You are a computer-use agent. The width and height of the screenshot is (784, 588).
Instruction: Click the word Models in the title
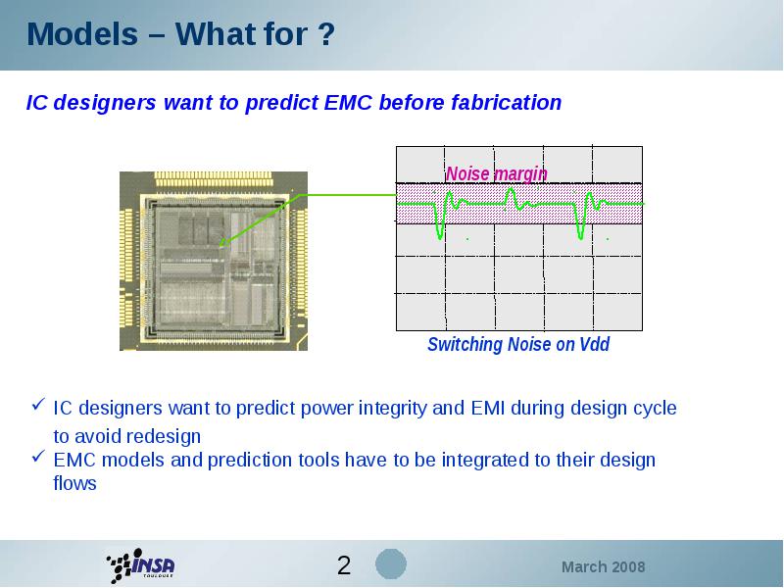tap(82, 34)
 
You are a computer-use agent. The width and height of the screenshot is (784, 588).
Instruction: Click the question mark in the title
tap(325, 34)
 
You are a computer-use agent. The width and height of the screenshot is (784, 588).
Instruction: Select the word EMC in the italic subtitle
tap(348, 102)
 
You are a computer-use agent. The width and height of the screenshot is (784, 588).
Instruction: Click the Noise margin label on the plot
tap(496, 173)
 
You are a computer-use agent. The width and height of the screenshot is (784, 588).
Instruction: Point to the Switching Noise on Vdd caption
tap(518, 345)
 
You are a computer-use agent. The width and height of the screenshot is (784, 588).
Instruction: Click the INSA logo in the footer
tap(140, 565)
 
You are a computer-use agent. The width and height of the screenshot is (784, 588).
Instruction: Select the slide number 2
tap(344, 565)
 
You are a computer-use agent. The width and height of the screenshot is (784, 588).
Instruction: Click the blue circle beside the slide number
tap(391, 564)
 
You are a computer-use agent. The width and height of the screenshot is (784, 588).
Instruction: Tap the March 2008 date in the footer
tap(603, 567)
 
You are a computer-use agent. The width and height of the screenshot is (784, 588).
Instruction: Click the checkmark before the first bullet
tap(38, 404)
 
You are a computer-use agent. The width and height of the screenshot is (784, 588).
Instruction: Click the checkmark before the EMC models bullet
tap(38, 456)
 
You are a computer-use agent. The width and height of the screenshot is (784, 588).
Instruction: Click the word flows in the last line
tap(75, 483)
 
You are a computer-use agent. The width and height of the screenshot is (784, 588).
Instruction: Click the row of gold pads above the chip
tap(214, 179)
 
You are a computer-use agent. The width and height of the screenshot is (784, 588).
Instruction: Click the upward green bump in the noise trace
tap(511, 195)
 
